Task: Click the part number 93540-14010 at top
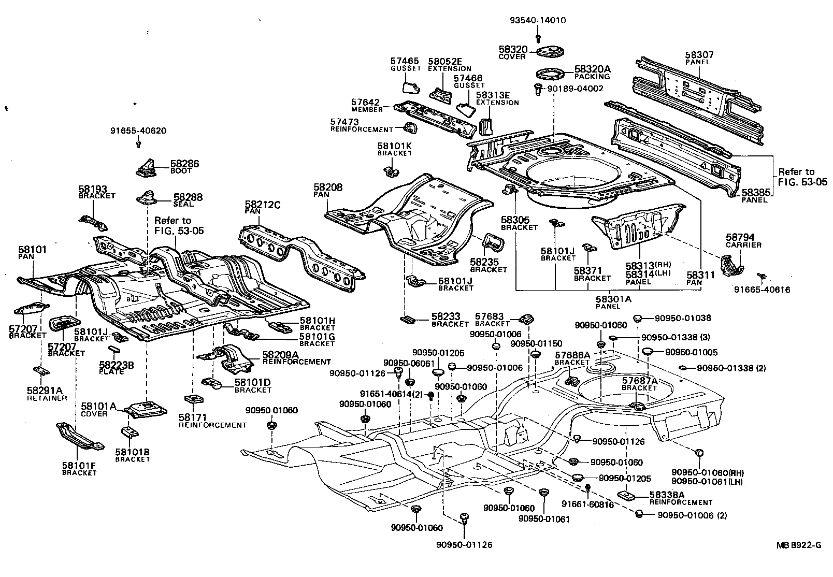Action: pyautogui.click(x=537, y=21)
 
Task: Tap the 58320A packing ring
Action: pyautogui.click(x=551, y=73)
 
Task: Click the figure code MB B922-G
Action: pyautogui.click(x=798, y=545)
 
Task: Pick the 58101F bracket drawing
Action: pyautogui.click(x=79, y=437)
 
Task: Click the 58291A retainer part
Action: pyautogui.click(x=40, y=372)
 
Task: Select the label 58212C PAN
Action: pyautogui.click(x=262, y=208)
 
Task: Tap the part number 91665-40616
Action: pyautogui.click(x=762, y=290)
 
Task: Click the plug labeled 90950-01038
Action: pyautogui.click(x=638, y=318)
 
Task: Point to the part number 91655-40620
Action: pyautogui.click(x=138, y=131)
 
